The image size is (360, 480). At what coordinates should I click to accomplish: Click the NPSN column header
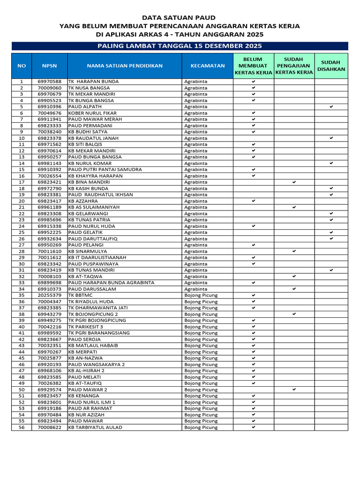tap(49, 66)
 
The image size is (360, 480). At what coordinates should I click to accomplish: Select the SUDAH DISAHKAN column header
tap(331, 66)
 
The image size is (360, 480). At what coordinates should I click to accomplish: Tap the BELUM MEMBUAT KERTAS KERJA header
tap(253, 66)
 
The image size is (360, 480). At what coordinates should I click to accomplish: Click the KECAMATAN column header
tap(207, 66)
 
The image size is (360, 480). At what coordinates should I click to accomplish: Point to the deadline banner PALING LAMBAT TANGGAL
tap(180, 46)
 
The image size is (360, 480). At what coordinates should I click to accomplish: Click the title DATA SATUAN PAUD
tap(180, 17)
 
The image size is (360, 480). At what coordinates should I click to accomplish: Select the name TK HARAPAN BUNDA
tap(94, 82)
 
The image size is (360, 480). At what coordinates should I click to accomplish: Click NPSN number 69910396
tap(49, 107)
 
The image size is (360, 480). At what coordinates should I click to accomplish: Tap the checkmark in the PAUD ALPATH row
tap(331, 107)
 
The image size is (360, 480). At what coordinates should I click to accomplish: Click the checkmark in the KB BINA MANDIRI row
tap(294, 182)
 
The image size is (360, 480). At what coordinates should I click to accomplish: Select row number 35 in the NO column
tap(22, 295)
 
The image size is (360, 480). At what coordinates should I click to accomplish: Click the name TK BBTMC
tap(81, 295)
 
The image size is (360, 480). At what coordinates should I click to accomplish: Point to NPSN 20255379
tap(49, 295)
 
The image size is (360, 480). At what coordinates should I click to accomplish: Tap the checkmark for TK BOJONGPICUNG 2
tap(294, 314)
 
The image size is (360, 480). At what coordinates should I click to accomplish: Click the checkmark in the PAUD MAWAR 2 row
tap(294, 390)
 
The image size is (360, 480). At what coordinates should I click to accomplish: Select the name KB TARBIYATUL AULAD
tap(95, 427)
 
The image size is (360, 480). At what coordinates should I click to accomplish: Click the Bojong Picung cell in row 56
tap(201, 427)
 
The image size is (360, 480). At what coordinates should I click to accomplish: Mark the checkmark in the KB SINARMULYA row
tap(294, 251)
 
